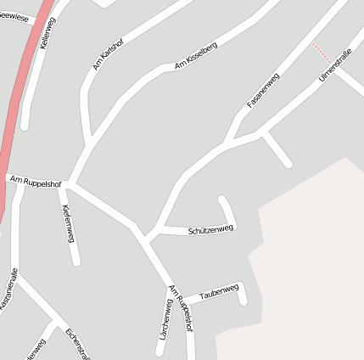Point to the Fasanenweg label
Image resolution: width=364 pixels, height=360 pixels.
tap(263, 90)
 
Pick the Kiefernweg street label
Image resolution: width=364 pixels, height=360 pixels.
tap(67, 222)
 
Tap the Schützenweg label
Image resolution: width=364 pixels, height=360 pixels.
tap(210, 229)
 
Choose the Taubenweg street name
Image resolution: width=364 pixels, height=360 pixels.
tap(219, 293)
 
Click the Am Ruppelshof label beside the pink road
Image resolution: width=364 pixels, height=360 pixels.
tap(35, 181)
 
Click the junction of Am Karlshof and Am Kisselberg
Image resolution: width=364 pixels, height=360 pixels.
tap(92, 138)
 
